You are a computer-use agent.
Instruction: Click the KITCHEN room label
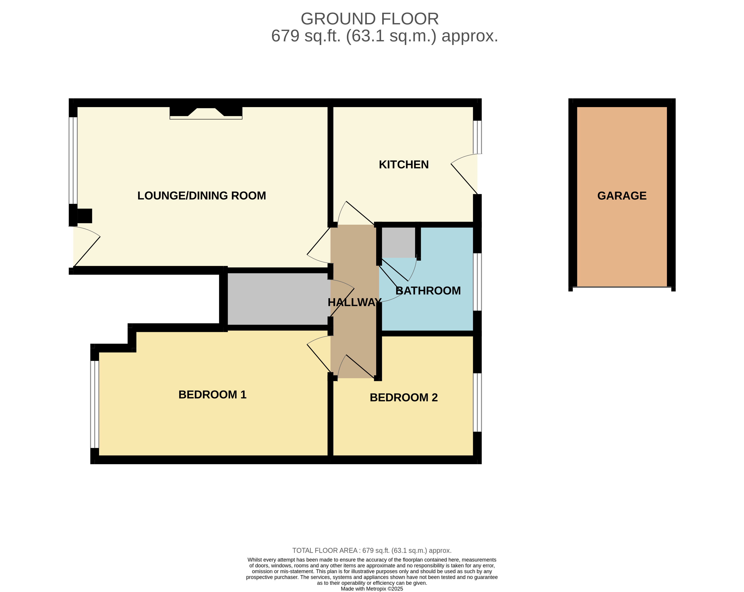tap(404, 165)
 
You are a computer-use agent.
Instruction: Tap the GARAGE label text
tap(622, 196)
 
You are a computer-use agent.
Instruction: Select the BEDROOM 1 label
tap(212, 394)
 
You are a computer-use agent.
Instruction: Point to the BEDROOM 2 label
tap(404, 397)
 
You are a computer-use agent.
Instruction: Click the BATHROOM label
tap(428, 290)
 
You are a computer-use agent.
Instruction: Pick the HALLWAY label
tap(354, 302)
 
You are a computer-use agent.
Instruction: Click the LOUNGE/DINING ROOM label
tap(202, 196)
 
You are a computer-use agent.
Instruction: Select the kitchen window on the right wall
tap(477, 137)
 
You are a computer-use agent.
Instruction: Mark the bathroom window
tap(477, 282)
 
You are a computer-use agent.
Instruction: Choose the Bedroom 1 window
tap(95, 404)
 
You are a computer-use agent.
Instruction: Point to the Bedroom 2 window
tap(477, 402)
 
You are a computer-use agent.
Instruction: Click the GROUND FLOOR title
tap(370, 19)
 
